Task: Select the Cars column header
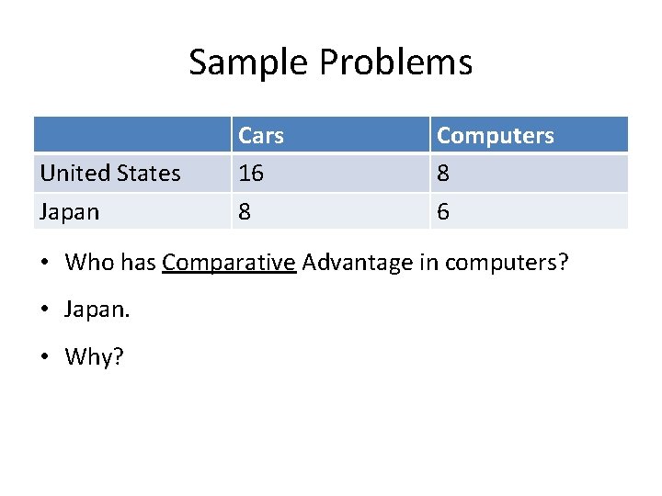[261, 135]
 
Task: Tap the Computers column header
[495, 135]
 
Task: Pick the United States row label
[110, 173]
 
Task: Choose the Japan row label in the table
[69, 211]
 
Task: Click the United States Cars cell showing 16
[251, 173]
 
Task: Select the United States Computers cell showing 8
[443, 173]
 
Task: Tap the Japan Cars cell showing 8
[245, 211]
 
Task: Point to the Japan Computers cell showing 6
[443, 211]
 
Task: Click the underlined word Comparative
[229, 263]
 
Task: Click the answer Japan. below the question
[97, 310]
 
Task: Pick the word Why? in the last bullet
[94, 356]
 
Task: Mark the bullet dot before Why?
[45, 357]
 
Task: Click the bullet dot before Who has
[45, 264]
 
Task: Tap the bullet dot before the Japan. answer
[45, 310]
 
